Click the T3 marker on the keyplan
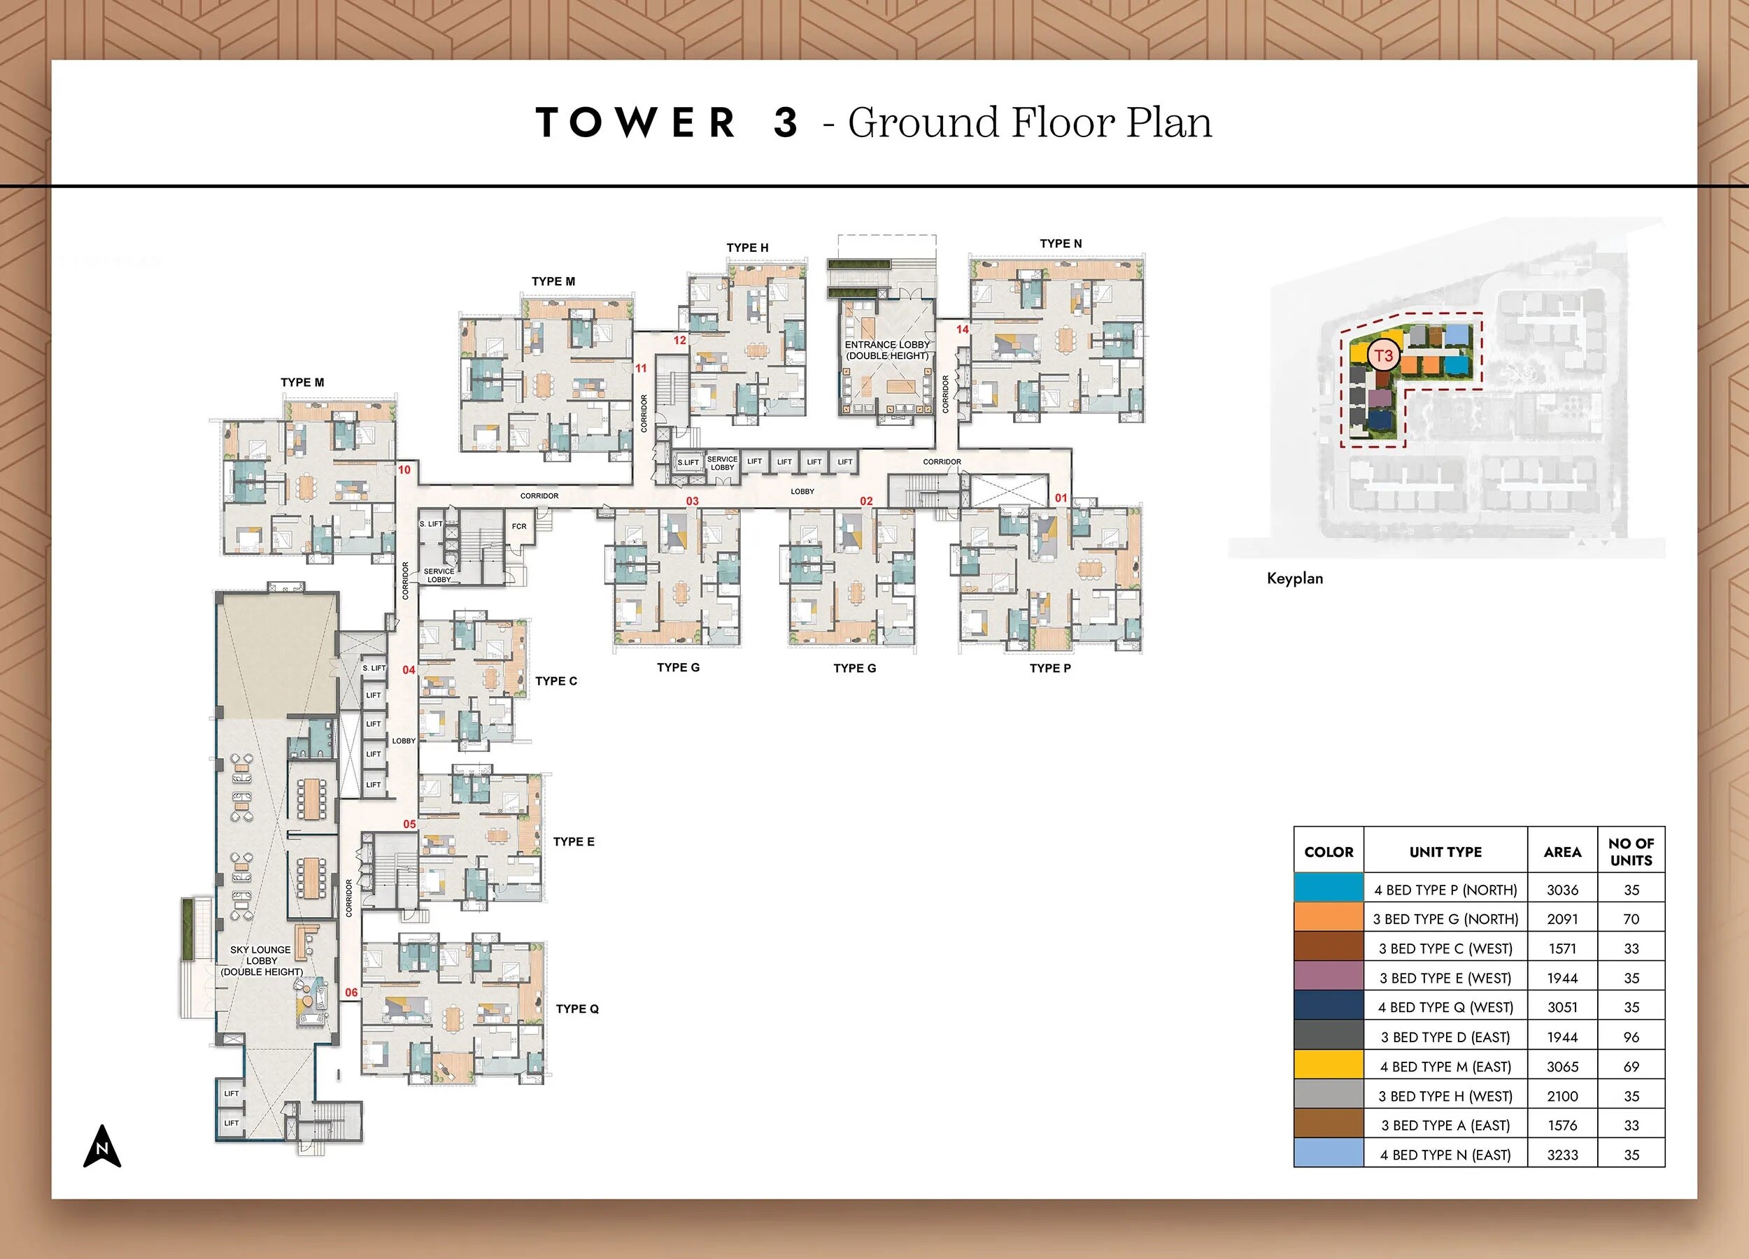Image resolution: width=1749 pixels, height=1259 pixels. pos(1384,355)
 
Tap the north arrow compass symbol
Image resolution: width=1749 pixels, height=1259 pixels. pos(102,1146)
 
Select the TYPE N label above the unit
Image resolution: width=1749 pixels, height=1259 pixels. pos(1061,243)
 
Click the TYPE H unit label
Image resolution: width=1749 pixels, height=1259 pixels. pos(746,248)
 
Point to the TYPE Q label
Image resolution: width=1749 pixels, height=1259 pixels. pos(577,1009)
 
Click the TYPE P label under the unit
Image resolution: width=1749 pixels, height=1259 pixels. pos(1049,668)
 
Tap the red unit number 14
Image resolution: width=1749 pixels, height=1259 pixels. pos(963,329)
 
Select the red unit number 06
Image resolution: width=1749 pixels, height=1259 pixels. pos(351,993)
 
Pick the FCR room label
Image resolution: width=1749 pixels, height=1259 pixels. pos(519,527)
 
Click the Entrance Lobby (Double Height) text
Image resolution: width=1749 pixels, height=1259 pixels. pos(887,350)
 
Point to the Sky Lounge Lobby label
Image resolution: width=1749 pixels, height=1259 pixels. pos(262,960)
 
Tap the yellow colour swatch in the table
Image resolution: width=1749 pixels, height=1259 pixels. pos(1328,1065)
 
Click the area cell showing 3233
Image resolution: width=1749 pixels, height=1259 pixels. pos(1562,1155)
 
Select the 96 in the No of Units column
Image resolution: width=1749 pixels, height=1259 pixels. pos(1631,1037)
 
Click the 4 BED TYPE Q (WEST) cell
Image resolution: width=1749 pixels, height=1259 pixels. pos(1445,1007)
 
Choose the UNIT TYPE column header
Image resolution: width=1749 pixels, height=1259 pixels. pos(1445,852)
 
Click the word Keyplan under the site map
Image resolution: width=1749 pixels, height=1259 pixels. pos(1294,578)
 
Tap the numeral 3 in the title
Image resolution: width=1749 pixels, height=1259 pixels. pos(785,122)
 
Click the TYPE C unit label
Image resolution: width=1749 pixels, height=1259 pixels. pos(555,681)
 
